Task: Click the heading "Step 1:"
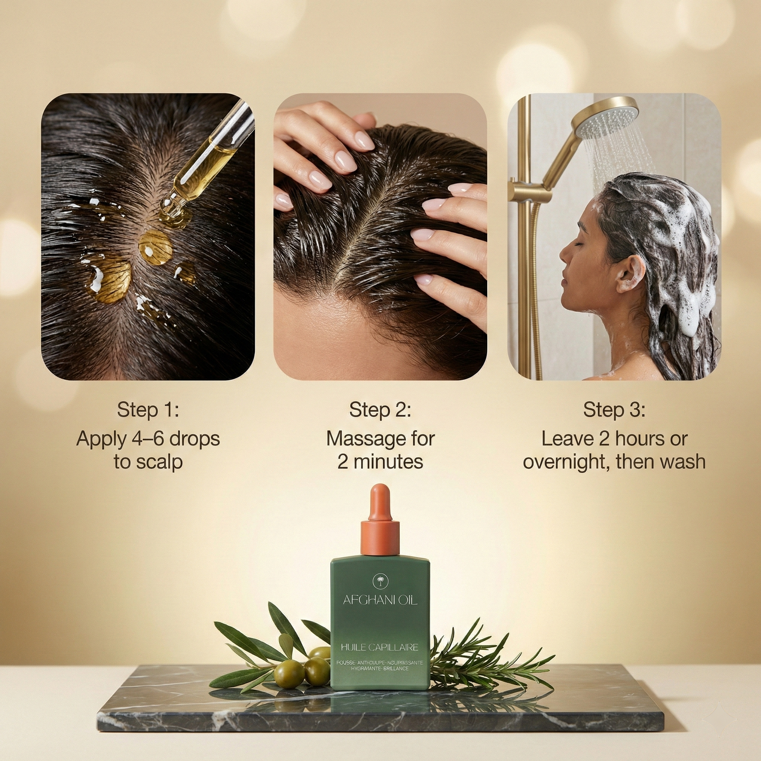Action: (148, 410)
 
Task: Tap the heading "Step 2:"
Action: (380, 410)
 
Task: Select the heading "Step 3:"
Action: (614, 410)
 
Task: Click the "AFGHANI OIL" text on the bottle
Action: (380, 600)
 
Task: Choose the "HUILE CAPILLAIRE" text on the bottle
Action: (380, 647)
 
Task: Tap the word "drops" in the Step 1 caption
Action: (194, 438)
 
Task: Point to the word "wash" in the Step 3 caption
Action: (683, 462)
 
